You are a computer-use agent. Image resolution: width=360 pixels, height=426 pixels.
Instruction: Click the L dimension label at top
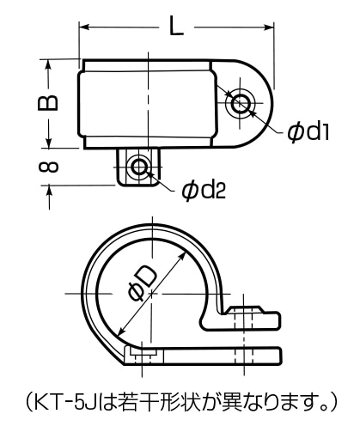(x=176, y=26)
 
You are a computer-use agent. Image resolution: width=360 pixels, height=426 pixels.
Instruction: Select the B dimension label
(x=48, y=102)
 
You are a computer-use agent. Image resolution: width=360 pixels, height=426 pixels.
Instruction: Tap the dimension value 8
(x=48, y=167)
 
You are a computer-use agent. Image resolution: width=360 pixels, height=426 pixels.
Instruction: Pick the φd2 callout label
(x=204, y=191)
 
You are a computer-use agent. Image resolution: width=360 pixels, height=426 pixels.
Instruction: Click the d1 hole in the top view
(x=240, y=103)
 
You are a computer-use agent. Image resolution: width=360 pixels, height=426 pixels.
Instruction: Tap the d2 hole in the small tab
(x=138, y=166)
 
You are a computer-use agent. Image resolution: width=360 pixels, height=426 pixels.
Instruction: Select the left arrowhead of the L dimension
(x=84, y=27)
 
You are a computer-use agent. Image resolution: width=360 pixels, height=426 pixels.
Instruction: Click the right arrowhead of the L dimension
(x=269, y=27)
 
